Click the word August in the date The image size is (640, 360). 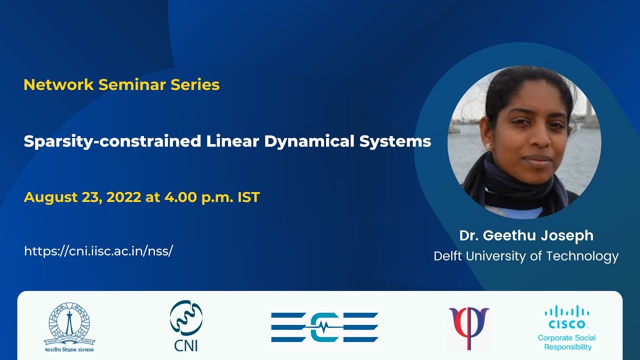(48, 197)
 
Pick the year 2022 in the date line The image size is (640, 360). (124, 197)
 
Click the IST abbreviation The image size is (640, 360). (248, 197)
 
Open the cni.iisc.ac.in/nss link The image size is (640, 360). (98, 251)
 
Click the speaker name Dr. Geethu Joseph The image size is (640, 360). (526, 235)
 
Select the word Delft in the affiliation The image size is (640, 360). (448, 256)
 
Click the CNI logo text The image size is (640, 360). (186, 345)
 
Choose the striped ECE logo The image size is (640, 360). (324, 327)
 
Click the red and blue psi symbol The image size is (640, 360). (468, 327)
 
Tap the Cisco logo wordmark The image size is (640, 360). (566, 324)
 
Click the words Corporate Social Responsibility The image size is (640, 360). (567, 342)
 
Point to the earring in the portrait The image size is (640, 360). (488, 146)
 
